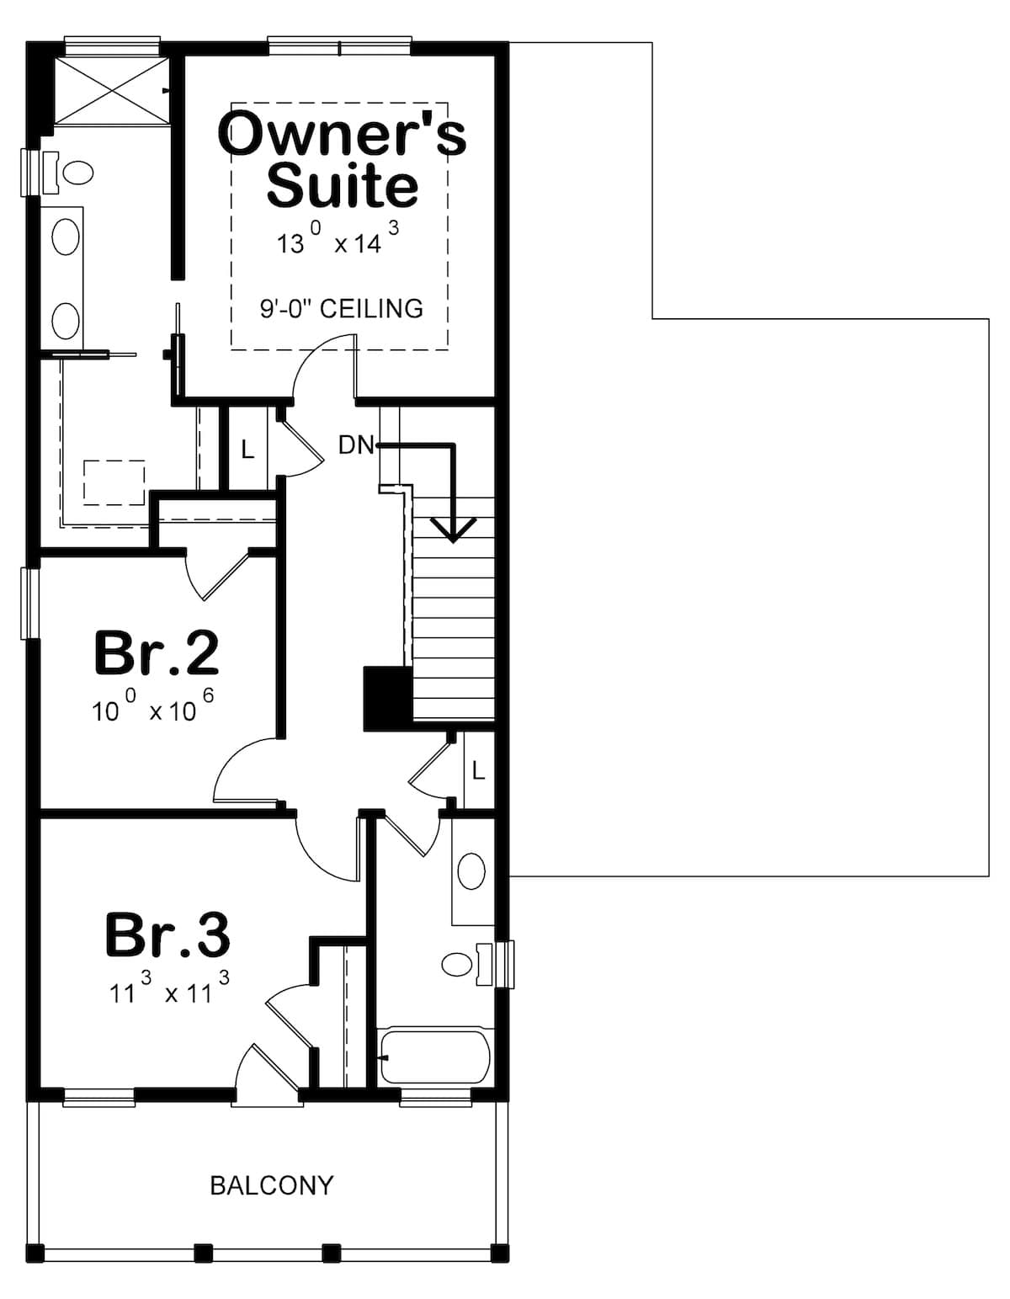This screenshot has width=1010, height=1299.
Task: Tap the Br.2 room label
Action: click(157, 652)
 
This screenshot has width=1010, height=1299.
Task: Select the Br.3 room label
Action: click(167, 934)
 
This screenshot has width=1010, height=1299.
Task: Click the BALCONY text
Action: click(271, 1185)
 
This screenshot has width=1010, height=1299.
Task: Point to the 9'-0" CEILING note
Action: click(341, 308)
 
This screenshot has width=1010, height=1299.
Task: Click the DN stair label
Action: click(355, 445)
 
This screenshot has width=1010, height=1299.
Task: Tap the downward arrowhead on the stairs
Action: click(453, 530)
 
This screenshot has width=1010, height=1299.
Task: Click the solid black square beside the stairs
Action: click(386, 697)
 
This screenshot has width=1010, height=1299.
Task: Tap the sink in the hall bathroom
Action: click(471, 872)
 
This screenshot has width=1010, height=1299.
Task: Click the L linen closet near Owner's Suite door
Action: click(247, 450)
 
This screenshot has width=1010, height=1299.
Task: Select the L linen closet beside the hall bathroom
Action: click(478, 770)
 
